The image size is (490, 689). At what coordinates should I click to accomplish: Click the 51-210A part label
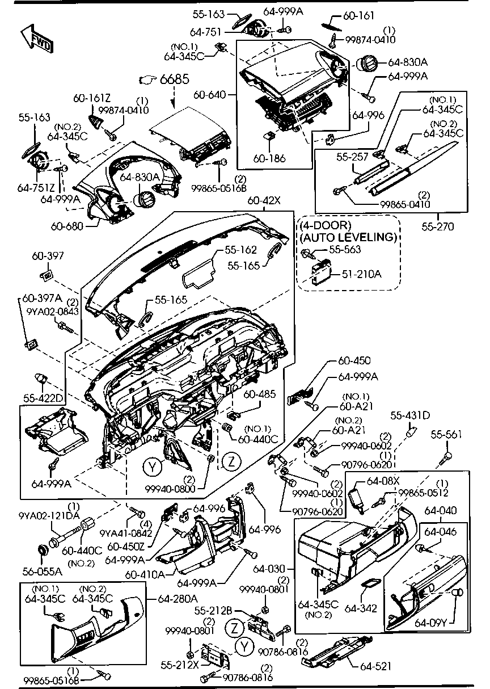coord(361,274)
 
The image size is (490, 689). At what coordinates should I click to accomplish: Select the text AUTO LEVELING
coord(348,237)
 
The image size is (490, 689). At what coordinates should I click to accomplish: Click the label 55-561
coord(446,435)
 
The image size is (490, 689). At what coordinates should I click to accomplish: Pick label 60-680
coord(67,226)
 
